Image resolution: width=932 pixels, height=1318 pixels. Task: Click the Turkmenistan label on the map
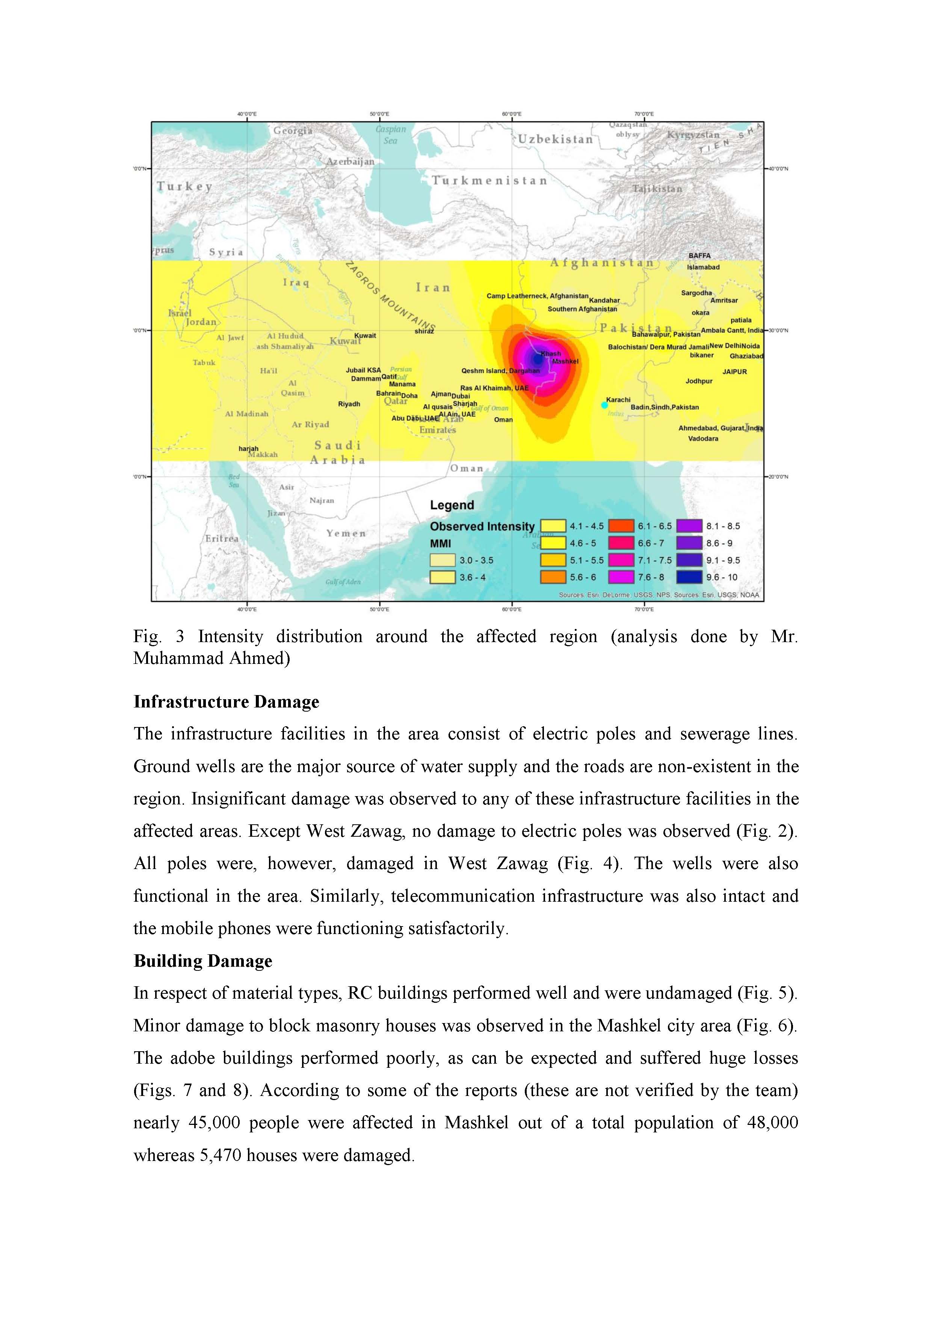(489, 181)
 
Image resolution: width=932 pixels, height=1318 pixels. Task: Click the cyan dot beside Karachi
(604, 405)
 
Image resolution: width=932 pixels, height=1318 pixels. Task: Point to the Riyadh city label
(349, 404)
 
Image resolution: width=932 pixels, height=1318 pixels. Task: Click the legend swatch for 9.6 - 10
(690, 577)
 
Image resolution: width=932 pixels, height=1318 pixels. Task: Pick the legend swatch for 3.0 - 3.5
(443, 560)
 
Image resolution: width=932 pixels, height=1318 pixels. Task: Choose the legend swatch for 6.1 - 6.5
(622, 526)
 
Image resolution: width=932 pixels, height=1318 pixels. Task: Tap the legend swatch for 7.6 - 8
(622, 577)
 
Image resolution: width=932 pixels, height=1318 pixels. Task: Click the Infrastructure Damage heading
(226, 702)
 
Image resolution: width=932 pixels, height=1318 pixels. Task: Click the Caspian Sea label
(390, 135)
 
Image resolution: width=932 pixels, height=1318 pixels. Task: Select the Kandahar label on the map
(604, 300)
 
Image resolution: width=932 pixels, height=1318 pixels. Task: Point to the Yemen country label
(346, 533)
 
